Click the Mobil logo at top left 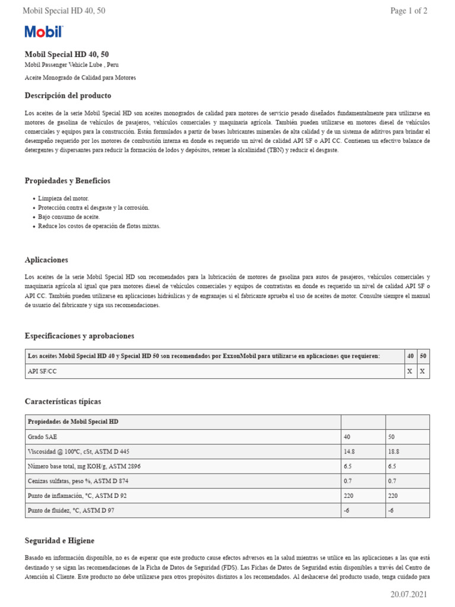(x=43, y=32)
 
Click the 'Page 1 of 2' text (x=409, y=11)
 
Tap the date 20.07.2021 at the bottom (x=409, y=595)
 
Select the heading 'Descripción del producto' (x=68, y=95)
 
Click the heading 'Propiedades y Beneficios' (x=68, y=181)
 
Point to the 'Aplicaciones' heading (x=46, y=260)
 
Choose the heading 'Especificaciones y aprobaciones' (x=79, y=336)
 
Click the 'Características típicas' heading (x=63, y=401)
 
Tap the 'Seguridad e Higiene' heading (x=59, y=541)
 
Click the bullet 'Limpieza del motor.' (x=63, y=198)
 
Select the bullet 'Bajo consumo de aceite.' (x=69, y=216)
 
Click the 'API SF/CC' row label (x=43, y=371)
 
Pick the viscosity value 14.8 (x=350, y=451)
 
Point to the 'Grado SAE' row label (x=43, y=436)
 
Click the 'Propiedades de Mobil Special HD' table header (x=73, y=421)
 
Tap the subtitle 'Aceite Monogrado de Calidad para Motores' (x=80, y=78)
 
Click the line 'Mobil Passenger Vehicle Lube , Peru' (x=75, y=65)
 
